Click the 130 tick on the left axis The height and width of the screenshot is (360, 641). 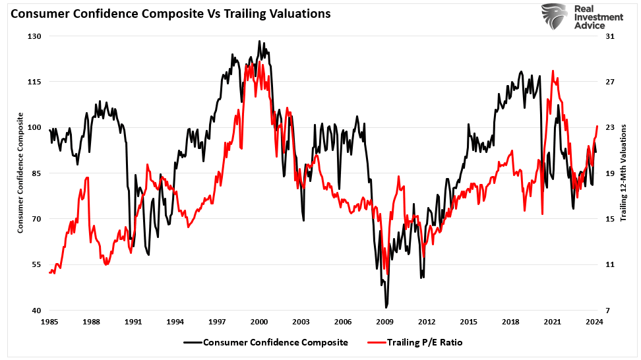34,36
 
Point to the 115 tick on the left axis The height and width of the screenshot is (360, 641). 34,82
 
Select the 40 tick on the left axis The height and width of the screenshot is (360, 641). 36,311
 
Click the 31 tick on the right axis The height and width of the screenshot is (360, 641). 609,36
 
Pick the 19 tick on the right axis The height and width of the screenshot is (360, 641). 609,173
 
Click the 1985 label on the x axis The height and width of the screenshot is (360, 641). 49,322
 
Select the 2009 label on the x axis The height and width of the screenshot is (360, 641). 385,322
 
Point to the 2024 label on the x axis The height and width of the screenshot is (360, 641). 595,322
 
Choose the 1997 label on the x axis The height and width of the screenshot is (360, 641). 217,322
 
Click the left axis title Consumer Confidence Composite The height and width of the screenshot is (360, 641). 20,173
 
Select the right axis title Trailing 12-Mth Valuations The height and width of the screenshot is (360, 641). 624,173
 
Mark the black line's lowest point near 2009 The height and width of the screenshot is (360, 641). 386,307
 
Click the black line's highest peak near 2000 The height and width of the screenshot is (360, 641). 260,41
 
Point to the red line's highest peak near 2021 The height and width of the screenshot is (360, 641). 553,71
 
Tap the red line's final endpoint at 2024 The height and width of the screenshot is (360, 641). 597,126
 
